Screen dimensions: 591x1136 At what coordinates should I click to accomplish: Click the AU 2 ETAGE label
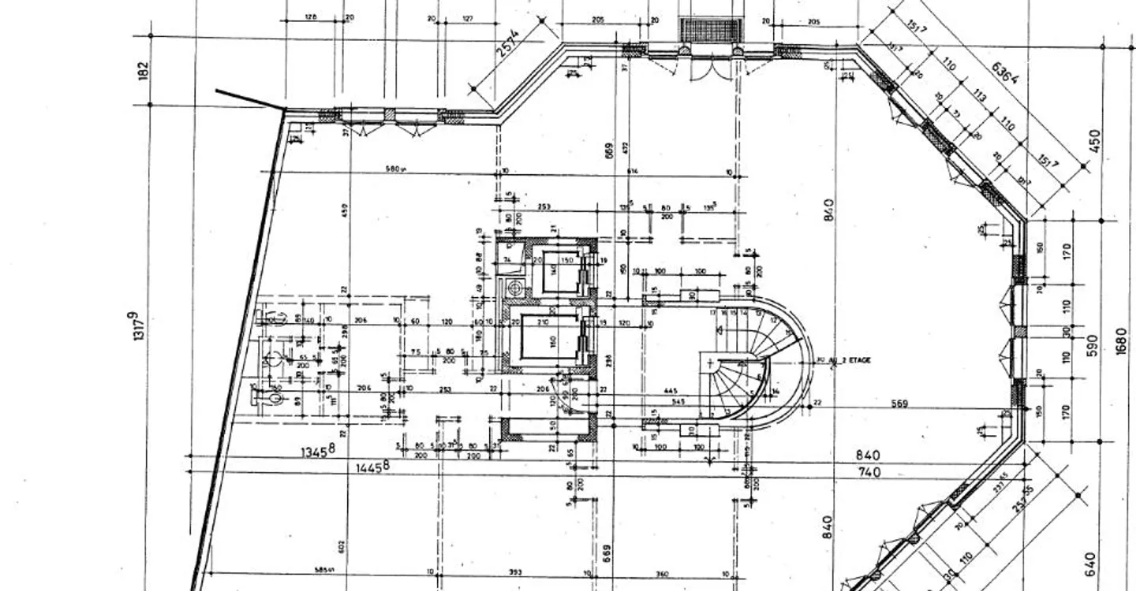click(846, 360)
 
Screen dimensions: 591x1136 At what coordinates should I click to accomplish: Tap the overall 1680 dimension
click(1122, 341)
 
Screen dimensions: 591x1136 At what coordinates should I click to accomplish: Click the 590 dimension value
click(1093, 345)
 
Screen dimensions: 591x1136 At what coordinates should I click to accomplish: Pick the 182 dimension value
click(143, 71)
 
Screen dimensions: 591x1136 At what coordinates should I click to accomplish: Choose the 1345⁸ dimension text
click(318, 451)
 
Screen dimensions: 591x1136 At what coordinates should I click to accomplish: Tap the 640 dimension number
click(1090, 563)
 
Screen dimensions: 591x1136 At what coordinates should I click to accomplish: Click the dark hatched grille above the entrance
click(712, 30)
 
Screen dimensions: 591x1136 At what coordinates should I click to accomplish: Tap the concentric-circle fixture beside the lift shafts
click(516, 288)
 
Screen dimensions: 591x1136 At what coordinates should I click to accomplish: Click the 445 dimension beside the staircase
click(671, 392)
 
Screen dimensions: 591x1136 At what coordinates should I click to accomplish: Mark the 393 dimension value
click(514, 574)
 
